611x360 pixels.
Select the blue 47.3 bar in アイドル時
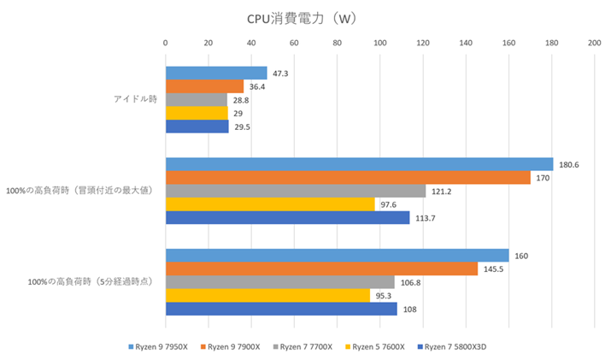click(x=216, y=74)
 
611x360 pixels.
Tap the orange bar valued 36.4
click(x=204, y=86)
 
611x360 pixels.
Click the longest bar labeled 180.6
click(x=359, y=164)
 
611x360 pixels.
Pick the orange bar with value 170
click(x=348, y=178)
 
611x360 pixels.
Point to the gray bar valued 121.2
click(x=296, y=191)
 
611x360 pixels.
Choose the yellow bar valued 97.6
click(x=270, y=204)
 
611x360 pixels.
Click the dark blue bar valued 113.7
click(x=287, y=217)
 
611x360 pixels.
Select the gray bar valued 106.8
click(x=280, y=282)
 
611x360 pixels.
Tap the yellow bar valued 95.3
click(x=267, y=295)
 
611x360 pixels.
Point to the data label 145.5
click(x=495, y=269)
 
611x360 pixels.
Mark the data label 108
click(x=411, y=309)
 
